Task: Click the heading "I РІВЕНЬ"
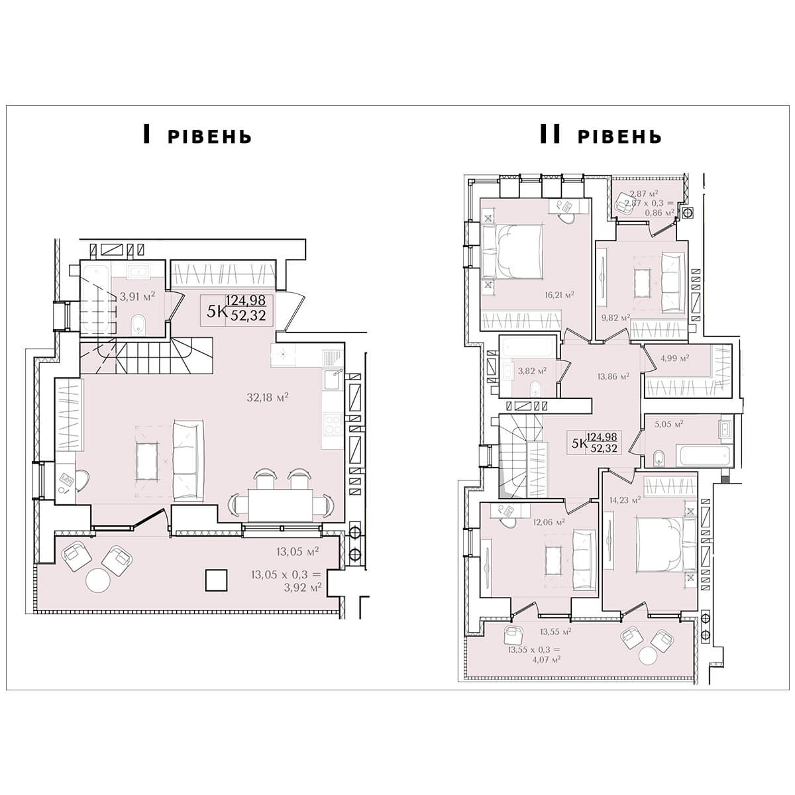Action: pyautogui.click(x=197, y=135)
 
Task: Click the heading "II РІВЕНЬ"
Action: pyautogui.click(x=601, y=135)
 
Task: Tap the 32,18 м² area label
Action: pyautogui.click(x=268, y=397)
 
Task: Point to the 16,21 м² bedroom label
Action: pyautogui.click(x=559, y=295)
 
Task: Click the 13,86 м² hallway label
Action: pyautogui.click(x=613, y=376)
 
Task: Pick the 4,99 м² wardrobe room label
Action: pyautogui.click(x=675, y=358)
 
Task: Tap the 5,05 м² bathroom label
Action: pyautogui.click(x=668, y=423)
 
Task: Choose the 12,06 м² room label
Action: pyautogui.click(x=549, y=522)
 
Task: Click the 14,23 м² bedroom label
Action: pyautogui.click(x=625, y=500)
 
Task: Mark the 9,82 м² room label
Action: pyautogui.click(x=616, y=318)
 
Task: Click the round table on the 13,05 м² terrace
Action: pyautogui.click(x=98, y=581)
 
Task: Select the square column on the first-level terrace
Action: pyautogui.click(x=217, y=580)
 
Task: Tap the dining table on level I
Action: pyautogui.click(x=280, y=505)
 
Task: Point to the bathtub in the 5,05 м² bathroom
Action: pyautogui.click(x=704, y=455)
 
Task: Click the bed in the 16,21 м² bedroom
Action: pyautogui.click(x=511, y=251)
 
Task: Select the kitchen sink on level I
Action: pyautogui.click(x=333, y=380)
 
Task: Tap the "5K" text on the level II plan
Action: pyautogui.click(x=579, y=444)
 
